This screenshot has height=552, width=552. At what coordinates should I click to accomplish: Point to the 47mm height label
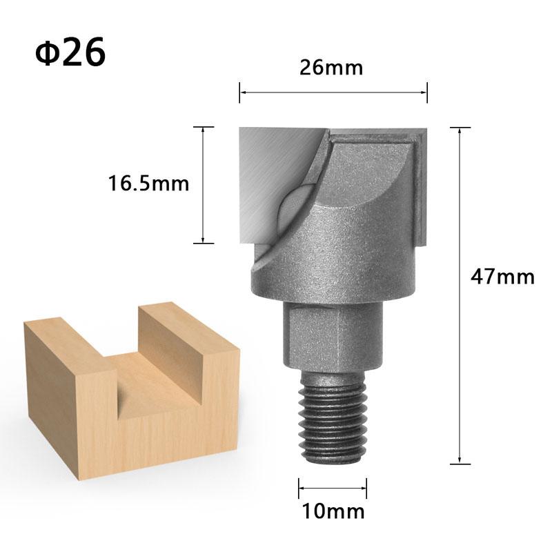(x=502, y=277)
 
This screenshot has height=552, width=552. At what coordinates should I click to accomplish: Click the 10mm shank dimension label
(x=333, y=511)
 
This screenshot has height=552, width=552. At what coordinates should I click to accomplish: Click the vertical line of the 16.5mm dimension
(x=203, y=185)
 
